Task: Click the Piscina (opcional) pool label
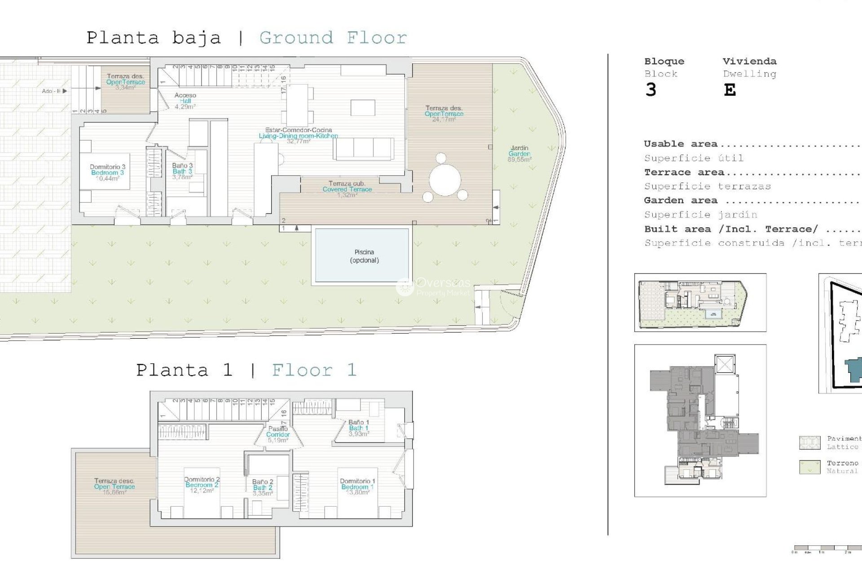364,256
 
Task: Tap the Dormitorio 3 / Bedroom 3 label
107,172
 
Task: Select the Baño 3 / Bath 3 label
182,171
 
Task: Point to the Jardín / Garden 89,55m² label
519,154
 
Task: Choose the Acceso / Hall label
185,101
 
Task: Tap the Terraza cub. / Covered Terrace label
347,189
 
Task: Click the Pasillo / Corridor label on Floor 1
278,434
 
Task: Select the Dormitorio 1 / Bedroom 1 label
357,487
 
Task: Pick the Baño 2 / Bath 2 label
263,487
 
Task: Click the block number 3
651,90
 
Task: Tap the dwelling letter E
730,90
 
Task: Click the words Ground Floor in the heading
333,38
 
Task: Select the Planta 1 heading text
184,371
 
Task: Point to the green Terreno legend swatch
810,467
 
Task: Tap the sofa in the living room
364,149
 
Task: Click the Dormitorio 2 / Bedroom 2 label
202,485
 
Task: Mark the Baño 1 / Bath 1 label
359,428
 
